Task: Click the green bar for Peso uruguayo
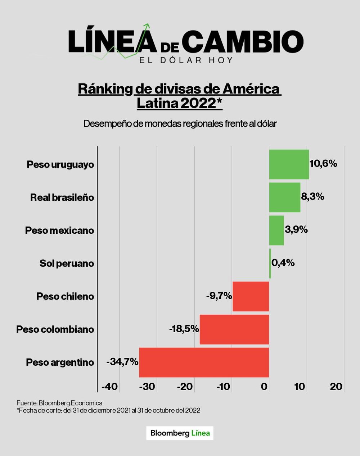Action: tap(289, 164)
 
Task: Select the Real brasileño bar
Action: tap(284, 197)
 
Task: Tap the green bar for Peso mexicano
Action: tap(276, 231)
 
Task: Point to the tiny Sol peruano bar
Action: tap(270, 264)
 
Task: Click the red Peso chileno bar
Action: tap(251, 296)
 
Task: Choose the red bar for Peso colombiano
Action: tap(234, 329)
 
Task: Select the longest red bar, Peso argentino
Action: tap(204, 362)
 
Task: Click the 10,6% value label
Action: tap(323, 164)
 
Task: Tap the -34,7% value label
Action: tap(122, 362)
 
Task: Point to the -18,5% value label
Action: tap(184, 329)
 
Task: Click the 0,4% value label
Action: tap(283, 263)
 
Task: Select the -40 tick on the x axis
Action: tap(109, 387)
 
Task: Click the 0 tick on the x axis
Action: tap(265, 387)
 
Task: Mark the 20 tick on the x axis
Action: tap(336, 387)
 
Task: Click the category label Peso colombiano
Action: tap(55, 329)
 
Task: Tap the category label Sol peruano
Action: tap(67, 264)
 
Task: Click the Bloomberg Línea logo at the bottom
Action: tap(180, 433)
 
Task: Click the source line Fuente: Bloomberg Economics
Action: tap(59, 403)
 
